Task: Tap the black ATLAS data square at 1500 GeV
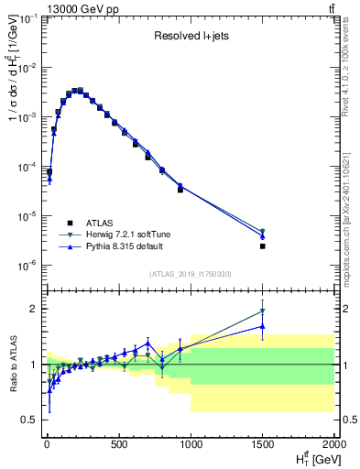(263, 246)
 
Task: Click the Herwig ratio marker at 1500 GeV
(263, 311)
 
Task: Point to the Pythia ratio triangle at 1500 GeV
(263, 326)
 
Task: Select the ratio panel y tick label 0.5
(29, 420)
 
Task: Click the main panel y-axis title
(13, 92)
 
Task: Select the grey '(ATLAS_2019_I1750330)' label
(190, 274)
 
